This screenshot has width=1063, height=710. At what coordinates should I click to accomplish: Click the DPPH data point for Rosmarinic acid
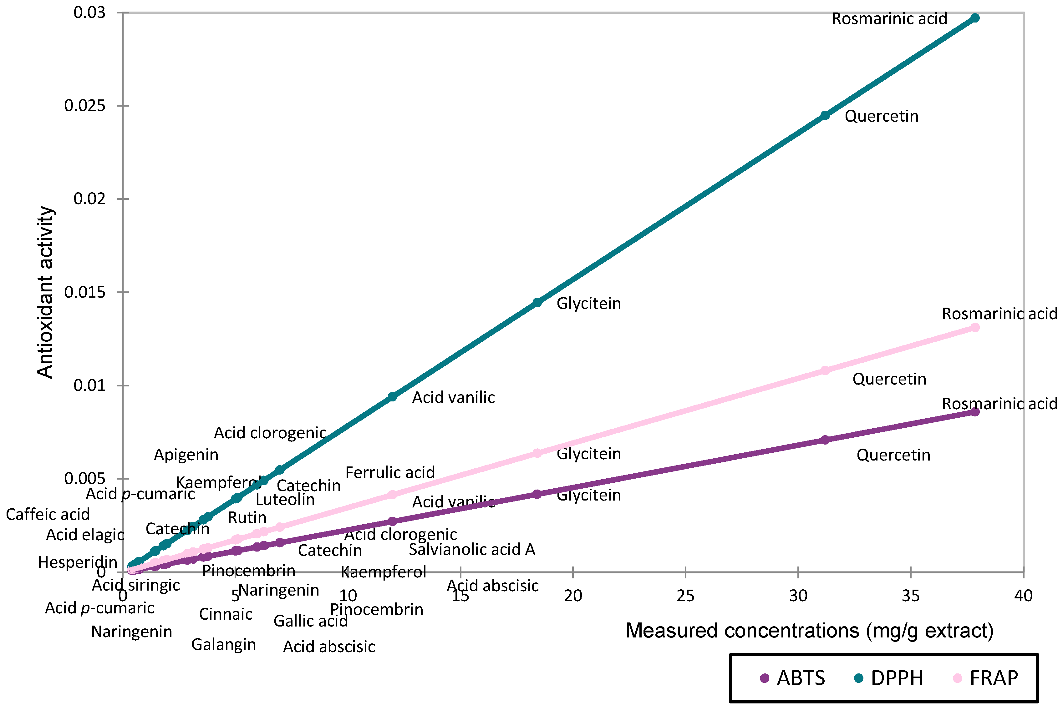(975, 18)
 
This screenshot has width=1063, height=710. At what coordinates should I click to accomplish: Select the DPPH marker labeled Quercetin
(825, 115)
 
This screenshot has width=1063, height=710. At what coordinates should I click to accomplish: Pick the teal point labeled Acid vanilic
(392, 397)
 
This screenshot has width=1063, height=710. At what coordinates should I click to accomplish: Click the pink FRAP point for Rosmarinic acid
(975, 327)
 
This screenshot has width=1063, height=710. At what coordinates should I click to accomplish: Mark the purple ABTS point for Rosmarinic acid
(975, 412)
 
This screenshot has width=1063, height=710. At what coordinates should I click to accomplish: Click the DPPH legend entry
(888, 678)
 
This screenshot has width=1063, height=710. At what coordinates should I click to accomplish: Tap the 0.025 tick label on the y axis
(85, 105)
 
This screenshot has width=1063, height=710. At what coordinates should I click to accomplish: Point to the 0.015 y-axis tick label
(85, 292)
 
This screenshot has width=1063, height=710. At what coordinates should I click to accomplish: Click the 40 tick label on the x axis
(1023, 596)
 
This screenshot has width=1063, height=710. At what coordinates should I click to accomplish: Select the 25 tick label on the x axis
(685, 596)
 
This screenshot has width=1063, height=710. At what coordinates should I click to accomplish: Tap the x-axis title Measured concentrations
(809, 630)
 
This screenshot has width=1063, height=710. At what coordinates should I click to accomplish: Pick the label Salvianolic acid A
(472, 549)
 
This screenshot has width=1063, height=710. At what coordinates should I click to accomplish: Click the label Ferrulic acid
(390, 472)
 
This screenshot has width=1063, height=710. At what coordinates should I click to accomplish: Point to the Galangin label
(223, 644)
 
